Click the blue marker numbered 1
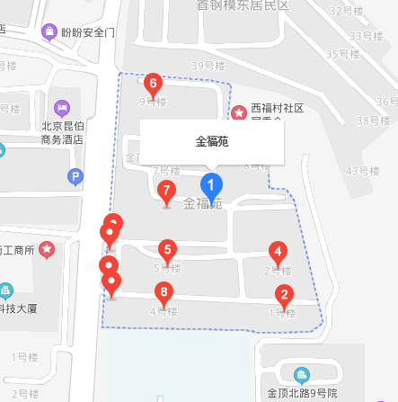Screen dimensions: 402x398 (x=211, y=187)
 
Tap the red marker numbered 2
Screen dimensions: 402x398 (x=284, y=294)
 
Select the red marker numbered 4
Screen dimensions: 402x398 (x=279, y=253)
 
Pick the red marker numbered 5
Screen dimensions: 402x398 (x=166, y=251)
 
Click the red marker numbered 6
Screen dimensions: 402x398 (x=153, y=85)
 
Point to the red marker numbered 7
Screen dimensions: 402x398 (x=165, y=192)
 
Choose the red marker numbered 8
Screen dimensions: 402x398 (x=164, y=292)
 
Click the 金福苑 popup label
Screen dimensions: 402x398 (x=213, y=141)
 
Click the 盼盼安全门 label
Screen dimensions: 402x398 (x=88, y=33)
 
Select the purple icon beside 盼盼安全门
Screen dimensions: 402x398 (x=49, y=33)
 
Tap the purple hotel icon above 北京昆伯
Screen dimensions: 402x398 (x=62, y=107)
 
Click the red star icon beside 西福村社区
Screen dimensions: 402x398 (x=239, y=113)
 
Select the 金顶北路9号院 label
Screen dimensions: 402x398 (x=302, y=393)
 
